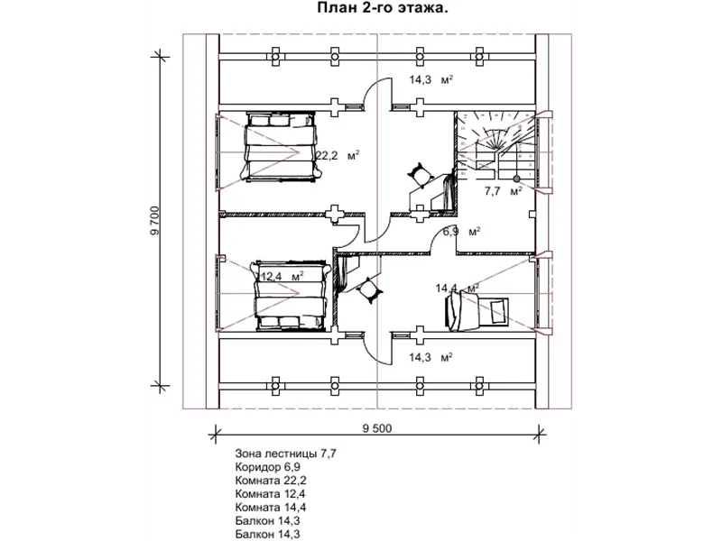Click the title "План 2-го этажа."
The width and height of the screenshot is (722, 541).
coord(382,8)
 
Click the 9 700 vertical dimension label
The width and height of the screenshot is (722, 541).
coord(155,221)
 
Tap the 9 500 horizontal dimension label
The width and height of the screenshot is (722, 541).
coord(377,429)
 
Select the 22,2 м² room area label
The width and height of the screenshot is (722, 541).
coord(338,155)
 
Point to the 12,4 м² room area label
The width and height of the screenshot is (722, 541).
coord(282,277)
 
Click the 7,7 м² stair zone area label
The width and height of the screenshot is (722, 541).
coord(504,191)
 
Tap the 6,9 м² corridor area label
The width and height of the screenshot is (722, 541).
coord(462,232)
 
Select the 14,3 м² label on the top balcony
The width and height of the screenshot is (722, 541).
coord(431,79)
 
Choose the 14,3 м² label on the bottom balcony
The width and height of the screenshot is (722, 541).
coord(431,357)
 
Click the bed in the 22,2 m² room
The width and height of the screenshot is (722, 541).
coord(281,146)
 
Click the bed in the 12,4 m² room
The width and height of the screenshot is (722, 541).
coord(291,296)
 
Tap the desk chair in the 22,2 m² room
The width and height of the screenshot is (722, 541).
coord(421,174)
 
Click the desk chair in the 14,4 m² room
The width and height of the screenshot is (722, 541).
coord(369,289)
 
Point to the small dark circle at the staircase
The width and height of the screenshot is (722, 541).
coord(516,178)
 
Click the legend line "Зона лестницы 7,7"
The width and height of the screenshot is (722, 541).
coord(286,454)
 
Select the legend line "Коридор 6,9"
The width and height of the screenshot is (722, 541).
coord(267,467)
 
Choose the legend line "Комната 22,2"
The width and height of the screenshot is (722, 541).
coord(271,481)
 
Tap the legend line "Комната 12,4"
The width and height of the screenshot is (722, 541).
coord(270,493)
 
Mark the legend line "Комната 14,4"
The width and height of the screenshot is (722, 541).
coord(271,507)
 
